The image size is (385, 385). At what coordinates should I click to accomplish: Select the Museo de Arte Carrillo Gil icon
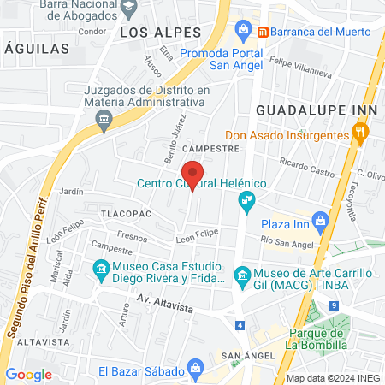click(242, 274)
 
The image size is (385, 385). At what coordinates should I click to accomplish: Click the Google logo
click(29, 374)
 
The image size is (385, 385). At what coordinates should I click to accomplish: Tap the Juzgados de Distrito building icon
click(104, 117)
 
